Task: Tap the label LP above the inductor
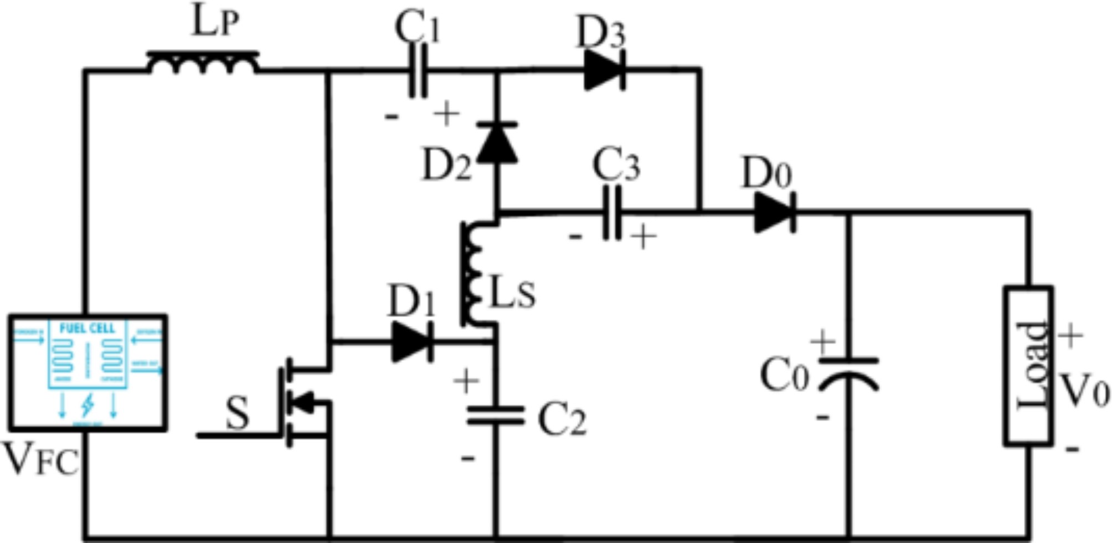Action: [x=215, y=23]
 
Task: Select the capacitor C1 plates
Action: [x=418, y=71]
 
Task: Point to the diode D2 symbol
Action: [x=497, y=142]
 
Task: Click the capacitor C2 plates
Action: [x=496, y=416]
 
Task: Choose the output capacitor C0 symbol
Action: [x=848, y=374]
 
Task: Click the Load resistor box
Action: [x=1029, y=366]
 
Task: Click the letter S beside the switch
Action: [x=238, y=414]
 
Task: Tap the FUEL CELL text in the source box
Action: [x=87, y=329]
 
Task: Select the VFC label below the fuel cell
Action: [x=42, y=460]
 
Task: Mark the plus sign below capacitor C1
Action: [x=446, y=114]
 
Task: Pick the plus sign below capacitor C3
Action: [x=643, y=237]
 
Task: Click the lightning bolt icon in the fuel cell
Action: [x=87, y=406]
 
